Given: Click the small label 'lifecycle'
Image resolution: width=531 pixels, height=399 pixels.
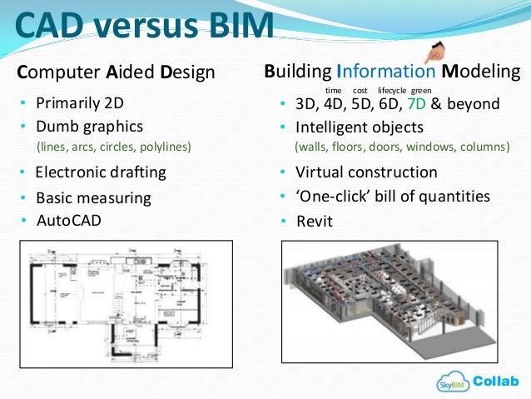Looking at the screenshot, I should pyautogui.click(x=392, y=89).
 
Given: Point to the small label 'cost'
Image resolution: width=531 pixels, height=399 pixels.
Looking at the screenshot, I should pyautogui.click(x=360, y=89).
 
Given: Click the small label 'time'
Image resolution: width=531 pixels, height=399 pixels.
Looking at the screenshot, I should pyautogui.click(x=333, y=89).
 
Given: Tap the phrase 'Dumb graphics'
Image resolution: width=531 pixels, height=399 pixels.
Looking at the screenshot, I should pyautogui.click(x=88, y=127).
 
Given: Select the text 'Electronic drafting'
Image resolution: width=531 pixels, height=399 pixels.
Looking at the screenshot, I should pyautogui.click(x=101, y=173).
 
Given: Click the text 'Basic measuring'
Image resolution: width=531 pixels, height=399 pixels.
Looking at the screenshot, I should pyautogui.click(x=93, y=198).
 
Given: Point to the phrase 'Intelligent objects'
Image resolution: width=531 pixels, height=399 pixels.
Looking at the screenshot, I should pyautogui.click(x=360, y=127).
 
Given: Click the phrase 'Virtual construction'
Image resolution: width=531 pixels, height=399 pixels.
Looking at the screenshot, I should pyautogui.click(x=366, y=172).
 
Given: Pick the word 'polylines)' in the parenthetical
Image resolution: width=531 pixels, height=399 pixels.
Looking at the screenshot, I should pyautogui.click(x=168, y=147).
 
